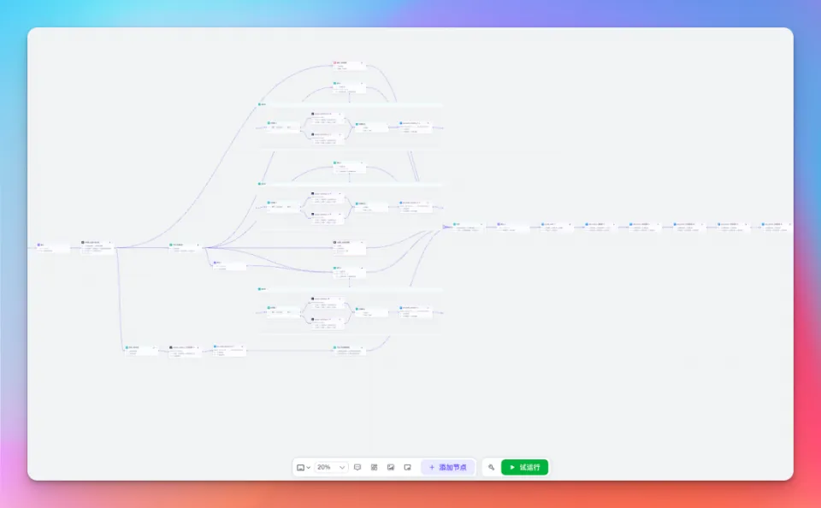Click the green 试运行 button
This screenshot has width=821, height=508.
click(524, 467)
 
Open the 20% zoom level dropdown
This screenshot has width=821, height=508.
click(332, 467)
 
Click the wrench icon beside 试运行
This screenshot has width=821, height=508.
click(491, 467)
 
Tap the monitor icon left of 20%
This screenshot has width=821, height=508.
click(303, 467)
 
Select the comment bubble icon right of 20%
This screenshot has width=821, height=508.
click(357, 467)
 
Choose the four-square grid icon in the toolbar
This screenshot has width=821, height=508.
click(374, 467)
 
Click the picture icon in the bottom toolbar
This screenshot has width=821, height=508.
click(391, 467)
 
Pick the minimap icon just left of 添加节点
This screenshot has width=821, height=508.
click(408, 467)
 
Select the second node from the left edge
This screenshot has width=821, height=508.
click(97, 247)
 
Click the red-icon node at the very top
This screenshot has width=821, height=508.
click(349, 66)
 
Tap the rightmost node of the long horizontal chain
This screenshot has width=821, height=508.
click(773, 227)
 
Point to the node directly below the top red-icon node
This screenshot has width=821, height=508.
click(349, 86)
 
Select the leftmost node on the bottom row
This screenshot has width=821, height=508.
click(141, 350)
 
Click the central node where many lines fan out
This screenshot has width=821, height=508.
click(185, 247)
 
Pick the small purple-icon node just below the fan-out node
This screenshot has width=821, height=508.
click(228, 265)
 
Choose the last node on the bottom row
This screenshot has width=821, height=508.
click(349, 350)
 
